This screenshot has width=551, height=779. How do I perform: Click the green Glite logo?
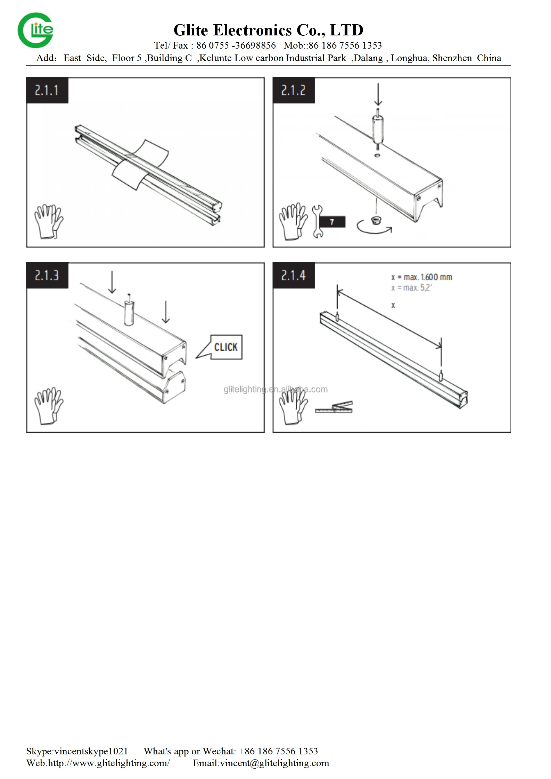pos(35,30)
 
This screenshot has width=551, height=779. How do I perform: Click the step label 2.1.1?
pos(47,91)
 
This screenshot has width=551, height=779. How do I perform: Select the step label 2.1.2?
pos(294,91)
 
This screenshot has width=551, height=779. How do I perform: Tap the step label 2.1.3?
pos(47,276)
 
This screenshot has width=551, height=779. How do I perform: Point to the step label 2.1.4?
pos(294,276)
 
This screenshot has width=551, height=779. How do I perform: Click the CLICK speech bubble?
pos(222,347)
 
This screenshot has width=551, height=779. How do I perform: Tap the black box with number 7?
pos(332,222)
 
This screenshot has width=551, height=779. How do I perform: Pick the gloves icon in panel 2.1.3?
pos(49,406)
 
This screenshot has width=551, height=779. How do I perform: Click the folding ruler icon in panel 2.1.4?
pos(334,408)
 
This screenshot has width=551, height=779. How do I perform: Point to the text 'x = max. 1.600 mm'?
pos(422,277)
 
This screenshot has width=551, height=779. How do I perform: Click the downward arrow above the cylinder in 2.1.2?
pos(378,94)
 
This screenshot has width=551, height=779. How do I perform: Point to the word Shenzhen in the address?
pos(452,58)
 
